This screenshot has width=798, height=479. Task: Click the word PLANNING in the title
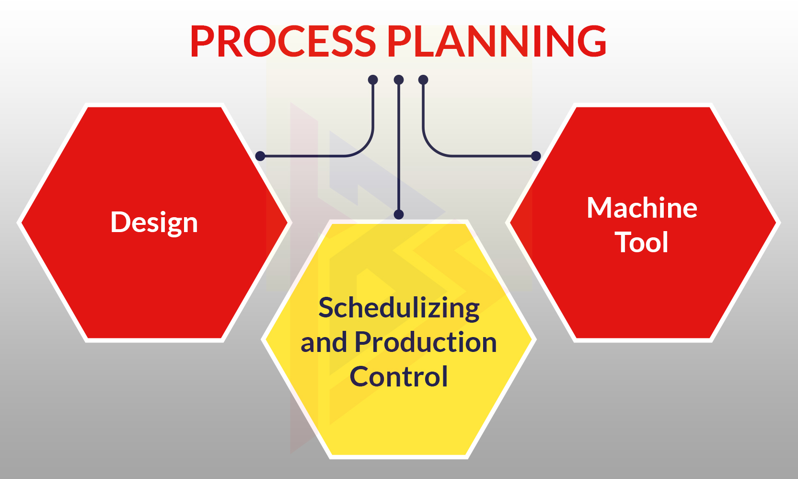(497, 41)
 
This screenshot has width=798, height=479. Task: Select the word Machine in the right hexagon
(642, 208)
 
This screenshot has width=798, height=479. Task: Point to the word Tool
(641, 242)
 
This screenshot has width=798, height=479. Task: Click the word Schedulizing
(399, 309)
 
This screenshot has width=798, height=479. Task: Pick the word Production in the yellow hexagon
(426, 342)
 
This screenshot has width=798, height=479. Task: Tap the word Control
(399, 376)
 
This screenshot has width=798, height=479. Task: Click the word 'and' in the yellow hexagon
(324, 342)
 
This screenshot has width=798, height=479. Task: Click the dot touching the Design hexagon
(260, 156)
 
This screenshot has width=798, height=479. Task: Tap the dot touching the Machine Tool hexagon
(536, 156)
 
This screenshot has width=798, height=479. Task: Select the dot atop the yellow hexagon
(399, 214)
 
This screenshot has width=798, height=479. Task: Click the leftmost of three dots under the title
(373, 80)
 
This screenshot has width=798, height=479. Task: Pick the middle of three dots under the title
(399, 80)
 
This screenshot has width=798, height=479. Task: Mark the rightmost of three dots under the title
(423, 80)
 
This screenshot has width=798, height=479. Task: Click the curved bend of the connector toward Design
(364, 148)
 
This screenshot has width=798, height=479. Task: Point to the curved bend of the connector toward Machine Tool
(431, 148)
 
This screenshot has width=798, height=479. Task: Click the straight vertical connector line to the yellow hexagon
(399, 147)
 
